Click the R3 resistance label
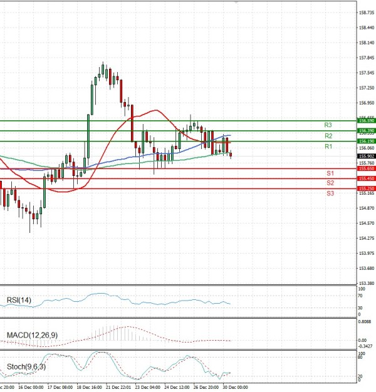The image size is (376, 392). pos(328,125)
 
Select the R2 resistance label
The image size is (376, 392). pos(328,136)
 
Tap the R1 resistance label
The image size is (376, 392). pos(328,147)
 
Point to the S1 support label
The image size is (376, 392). pos(330,173)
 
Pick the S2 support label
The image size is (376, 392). pos(330,183)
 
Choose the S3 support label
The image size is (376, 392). pos(330,193)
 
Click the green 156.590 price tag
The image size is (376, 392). pos(366,120)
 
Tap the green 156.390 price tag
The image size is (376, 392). pos(366,130)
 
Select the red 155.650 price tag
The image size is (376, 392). pos(366,168)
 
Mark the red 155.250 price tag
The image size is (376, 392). pos(366,188)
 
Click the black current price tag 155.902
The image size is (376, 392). pos(366,156)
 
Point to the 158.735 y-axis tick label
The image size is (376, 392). pos(366,13)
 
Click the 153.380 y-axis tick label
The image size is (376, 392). pos(366,283)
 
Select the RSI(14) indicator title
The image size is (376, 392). pos(19,300)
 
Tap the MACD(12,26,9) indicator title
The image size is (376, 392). pos(31,336)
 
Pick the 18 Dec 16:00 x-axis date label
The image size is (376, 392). pos(88,388)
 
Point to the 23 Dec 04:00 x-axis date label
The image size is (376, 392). pos(147,388)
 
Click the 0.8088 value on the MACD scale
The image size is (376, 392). pos(366,322)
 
